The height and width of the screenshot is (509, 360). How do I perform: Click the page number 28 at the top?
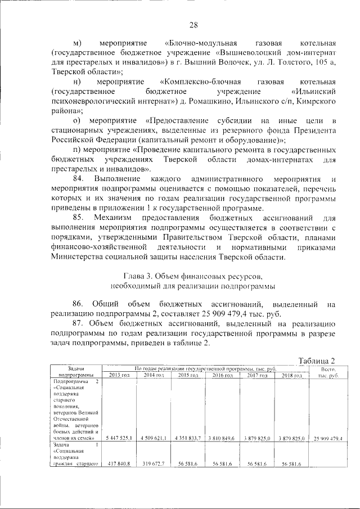point(193,24)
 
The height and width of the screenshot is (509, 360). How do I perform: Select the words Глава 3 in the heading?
point(137,277)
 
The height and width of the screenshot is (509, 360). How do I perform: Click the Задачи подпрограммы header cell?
point(75,372)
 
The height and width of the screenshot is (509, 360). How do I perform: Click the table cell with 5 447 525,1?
point(119,438)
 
